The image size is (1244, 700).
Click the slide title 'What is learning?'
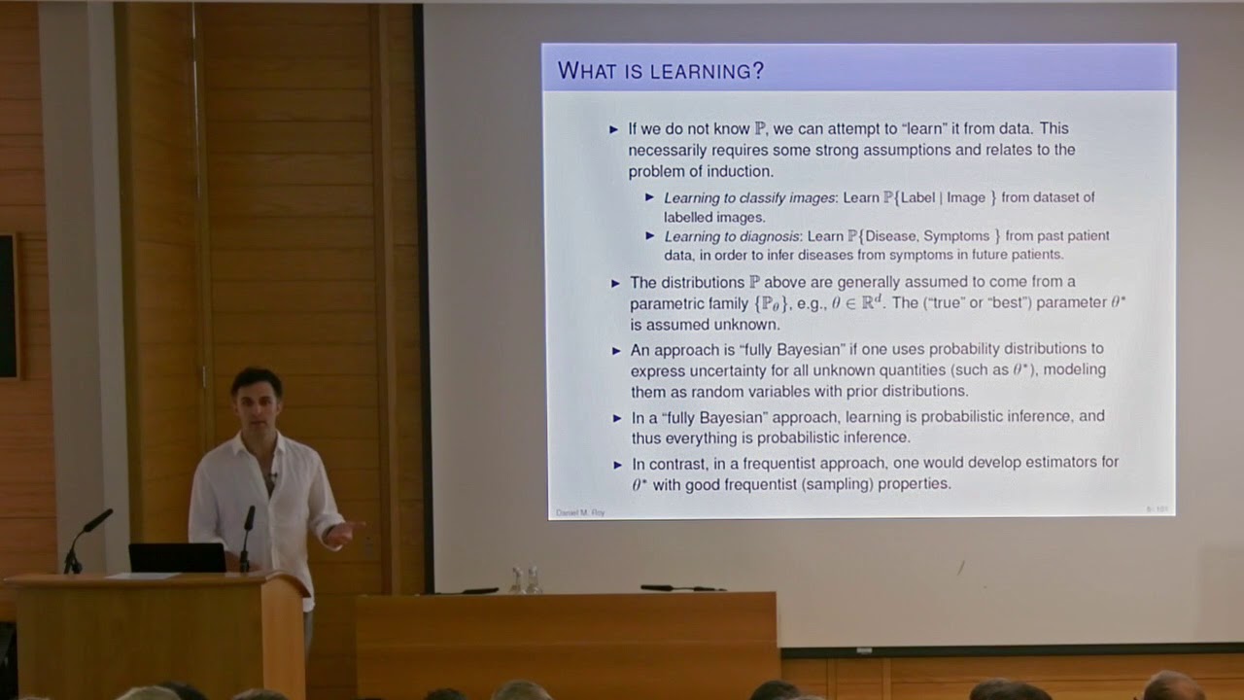(x=661, y=71)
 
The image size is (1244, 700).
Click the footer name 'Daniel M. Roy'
(x=580, y=512)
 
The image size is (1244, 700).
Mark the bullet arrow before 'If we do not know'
(x=613, y=128)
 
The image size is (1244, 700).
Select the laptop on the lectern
(x=178, y=557)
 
